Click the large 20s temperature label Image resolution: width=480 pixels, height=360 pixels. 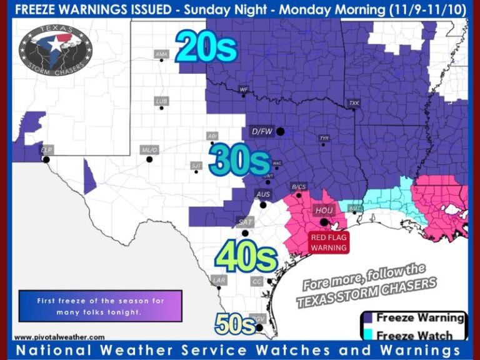pos(206,47)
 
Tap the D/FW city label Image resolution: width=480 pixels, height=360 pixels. pos(262,132)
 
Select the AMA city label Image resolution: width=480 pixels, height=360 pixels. pos(161,54)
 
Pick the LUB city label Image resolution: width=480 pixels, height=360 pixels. pos(161,101)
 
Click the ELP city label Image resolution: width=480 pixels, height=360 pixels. pos(46,150)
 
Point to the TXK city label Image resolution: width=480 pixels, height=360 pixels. pos(354,103)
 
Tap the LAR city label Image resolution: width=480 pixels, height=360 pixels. pos(219,281)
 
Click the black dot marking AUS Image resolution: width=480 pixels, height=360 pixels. pos(264,204)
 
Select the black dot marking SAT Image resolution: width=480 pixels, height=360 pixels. pos(245,233)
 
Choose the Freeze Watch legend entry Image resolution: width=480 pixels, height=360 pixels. pos(412,335)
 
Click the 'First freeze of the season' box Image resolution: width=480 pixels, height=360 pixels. pos(100,306)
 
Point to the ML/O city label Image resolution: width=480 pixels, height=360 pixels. pos(150,150)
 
